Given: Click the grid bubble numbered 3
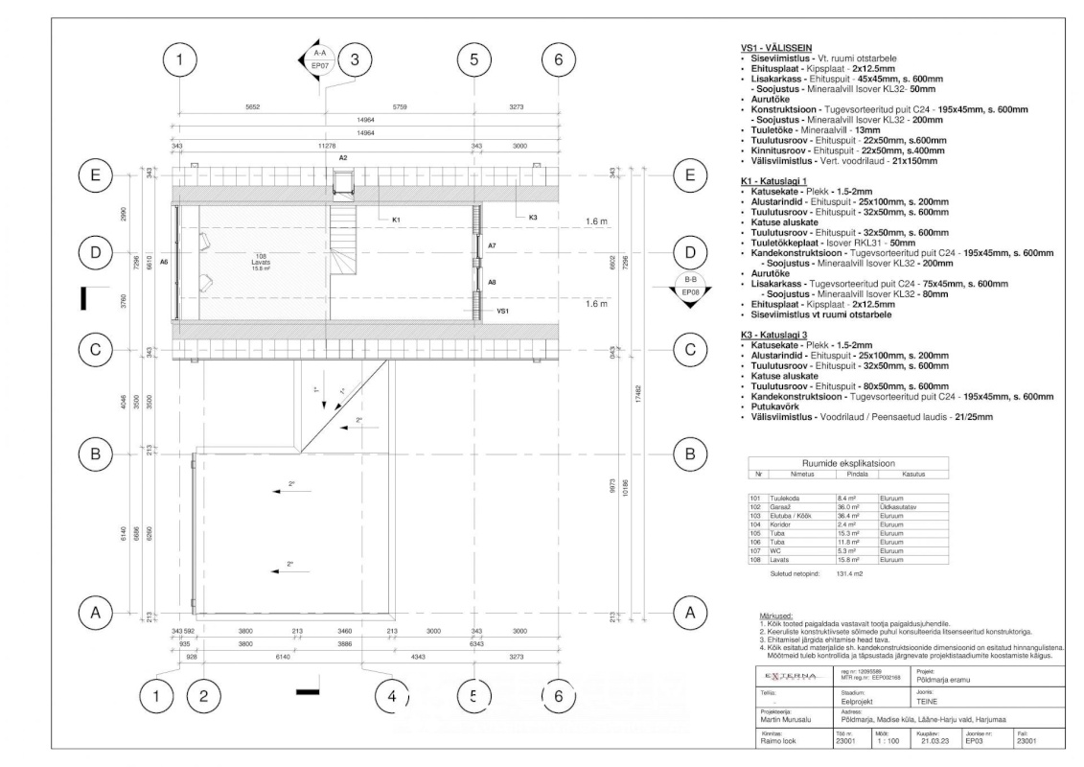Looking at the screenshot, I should [355, 59].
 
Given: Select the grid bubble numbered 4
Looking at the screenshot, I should [387, 697].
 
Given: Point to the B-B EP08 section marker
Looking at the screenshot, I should [689, 287].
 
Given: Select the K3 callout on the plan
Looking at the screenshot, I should [533, 219].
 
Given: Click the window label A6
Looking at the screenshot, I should [164, 262].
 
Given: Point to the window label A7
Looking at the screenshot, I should [492, 246].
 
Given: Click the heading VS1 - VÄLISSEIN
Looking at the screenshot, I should [776, 47].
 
